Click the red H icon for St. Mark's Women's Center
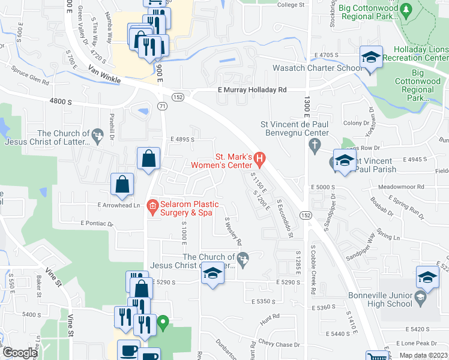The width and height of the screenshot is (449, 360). (259, 160)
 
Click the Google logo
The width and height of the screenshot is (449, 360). (19, 353)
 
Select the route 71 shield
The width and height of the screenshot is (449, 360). (162, 106)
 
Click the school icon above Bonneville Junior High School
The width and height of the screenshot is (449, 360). (427, 278)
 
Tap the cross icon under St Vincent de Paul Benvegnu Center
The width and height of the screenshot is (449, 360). (313, 145)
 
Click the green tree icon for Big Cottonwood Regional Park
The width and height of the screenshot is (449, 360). (406, 10)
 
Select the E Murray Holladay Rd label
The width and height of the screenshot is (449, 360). (252, 90)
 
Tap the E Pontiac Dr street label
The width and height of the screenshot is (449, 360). (97, 223)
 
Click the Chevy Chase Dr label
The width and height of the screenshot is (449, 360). (279, 344)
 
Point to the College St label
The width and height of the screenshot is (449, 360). (291, 5)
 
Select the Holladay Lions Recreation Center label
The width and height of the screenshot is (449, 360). (420, 53)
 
